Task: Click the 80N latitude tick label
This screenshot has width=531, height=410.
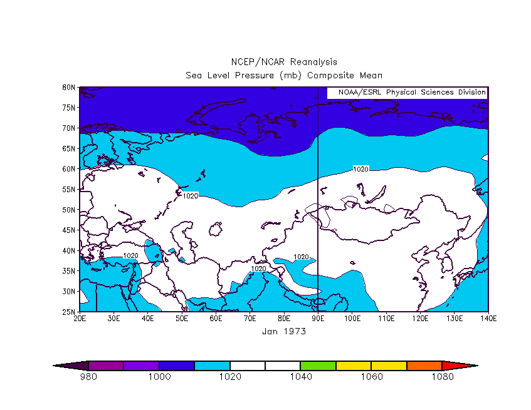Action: [68, 87]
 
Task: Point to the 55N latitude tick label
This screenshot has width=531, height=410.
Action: [68, 189]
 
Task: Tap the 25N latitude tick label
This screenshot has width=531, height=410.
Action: [68, 312]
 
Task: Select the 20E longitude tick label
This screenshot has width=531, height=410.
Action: [80, 319]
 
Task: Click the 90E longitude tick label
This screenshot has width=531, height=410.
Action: [318, 319]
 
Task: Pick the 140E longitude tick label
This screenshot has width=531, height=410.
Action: [488, 319]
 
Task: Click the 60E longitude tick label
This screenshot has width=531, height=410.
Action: [216, 319]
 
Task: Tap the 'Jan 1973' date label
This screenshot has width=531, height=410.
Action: [284, 331]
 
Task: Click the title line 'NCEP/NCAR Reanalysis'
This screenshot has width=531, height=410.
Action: [284, 62]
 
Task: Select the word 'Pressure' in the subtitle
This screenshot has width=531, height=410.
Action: [255, 75]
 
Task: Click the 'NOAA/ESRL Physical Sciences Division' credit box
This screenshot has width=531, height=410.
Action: [407, 92]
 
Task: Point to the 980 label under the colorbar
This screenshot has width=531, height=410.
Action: [88, 377]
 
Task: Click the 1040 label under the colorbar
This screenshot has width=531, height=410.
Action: [301, 377]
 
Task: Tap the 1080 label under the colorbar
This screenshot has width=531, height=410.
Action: [442, 377]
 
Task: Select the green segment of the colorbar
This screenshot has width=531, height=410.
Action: [318, 366]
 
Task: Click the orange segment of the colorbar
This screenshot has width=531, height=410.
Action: [424, 366]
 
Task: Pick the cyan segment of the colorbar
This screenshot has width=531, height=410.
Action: [213, 366]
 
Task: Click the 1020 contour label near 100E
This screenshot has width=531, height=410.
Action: [360, 169]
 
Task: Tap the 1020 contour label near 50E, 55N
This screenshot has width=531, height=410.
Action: [191, 196]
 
